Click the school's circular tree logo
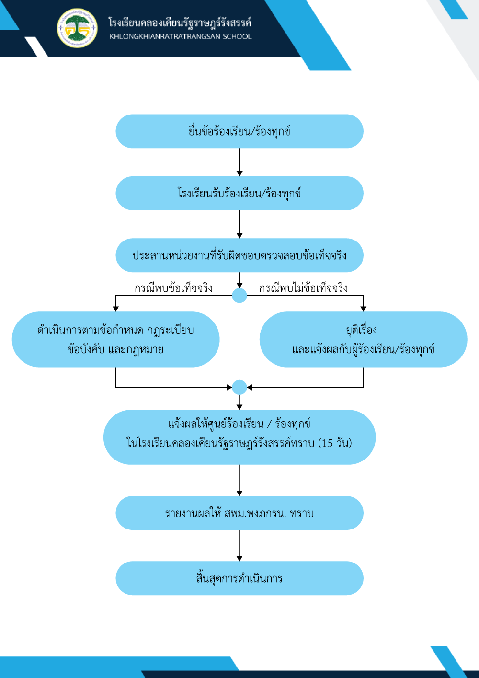[x=78, y=28]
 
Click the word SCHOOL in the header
[x=237, y=36]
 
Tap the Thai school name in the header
[x=180, y=23]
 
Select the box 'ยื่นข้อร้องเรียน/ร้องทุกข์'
[x=239, y=131]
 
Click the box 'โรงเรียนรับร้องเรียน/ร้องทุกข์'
[x=239, y=193]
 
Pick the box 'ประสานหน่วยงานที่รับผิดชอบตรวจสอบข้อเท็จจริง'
[x=239, y=255]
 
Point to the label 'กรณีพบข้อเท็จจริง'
[x=173, y=288]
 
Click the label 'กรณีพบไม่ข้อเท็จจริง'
[x=303, y=288]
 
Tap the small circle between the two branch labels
[x=239, y=296]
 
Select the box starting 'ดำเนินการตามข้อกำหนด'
[x=115, y=339]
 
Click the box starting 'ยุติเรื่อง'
[x=364, y=339]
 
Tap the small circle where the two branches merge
[x=239, y=387]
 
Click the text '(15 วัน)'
[x=335, y=443]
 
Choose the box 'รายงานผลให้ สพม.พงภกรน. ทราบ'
[x=239, y=513]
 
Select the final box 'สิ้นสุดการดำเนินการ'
[x=239, y=578]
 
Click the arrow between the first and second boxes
[x=239, y=162]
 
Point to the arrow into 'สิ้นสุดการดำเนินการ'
[x=239, y=545]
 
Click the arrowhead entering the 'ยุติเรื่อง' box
[x=364, y=309]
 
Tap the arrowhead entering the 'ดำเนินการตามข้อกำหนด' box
[x=115, y=309]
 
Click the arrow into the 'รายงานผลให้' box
[x=239, y=481]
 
